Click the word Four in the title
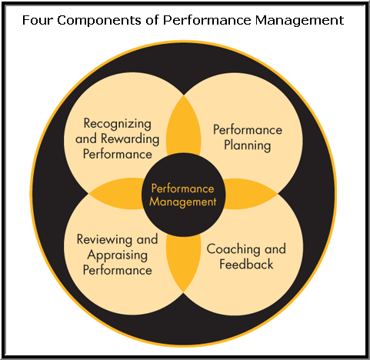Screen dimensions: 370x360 coord(38,20)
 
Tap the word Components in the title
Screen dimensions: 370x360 coord(99,21)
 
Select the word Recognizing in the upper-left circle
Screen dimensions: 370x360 coord(118,124)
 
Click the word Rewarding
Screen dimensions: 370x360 coord(130,139)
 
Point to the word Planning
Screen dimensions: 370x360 coord(248,145)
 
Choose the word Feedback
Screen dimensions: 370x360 coord(246,264)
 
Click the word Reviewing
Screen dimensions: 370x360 coord(105,240)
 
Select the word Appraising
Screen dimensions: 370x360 coord(118,255)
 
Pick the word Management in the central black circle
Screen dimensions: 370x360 coord(183,202)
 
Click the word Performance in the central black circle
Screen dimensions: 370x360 coord(182,188)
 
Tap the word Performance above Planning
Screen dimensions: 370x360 coord(248,130)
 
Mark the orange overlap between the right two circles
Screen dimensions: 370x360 coord(250,194)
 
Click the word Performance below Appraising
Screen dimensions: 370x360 coord(118,270)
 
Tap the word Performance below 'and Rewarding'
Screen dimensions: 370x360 coord(118,154)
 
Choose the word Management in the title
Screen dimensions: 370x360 coord(299,21)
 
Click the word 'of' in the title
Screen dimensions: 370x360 coord(152,20)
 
